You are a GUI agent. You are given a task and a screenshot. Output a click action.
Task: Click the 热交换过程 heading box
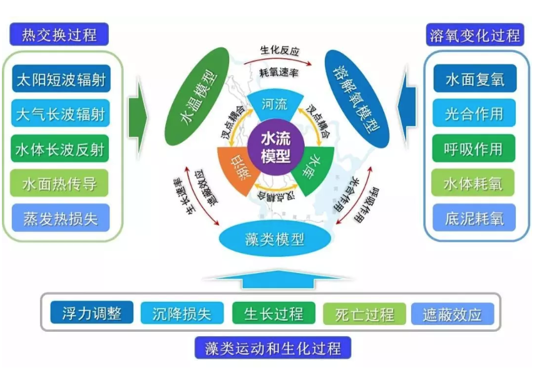click(59, 34)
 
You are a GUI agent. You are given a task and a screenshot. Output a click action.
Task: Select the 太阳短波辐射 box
click(60, 80)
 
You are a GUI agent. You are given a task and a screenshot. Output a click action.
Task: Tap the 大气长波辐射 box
click(60, 114)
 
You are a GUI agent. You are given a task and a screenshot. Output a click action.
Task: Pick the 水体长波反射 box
click(60, 149)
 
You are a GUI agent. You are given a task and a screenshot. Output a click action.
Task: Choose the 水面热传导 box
click(60, 184)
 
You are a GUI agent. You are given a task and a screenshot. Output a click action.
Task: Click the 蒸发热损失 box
click(60, 219)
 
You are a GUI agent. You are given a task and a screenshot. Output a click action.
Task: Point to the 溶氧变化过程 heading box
click(474, 34)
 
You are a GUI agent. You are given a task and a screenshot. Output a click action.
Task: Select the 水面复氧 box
click(474, 79)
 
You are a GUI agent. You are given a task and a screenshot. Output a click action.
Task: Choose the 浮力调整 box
click(91, 312)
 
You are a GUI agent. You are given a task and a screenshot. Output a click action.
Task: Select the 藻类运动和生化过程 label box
click(273, 347)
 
